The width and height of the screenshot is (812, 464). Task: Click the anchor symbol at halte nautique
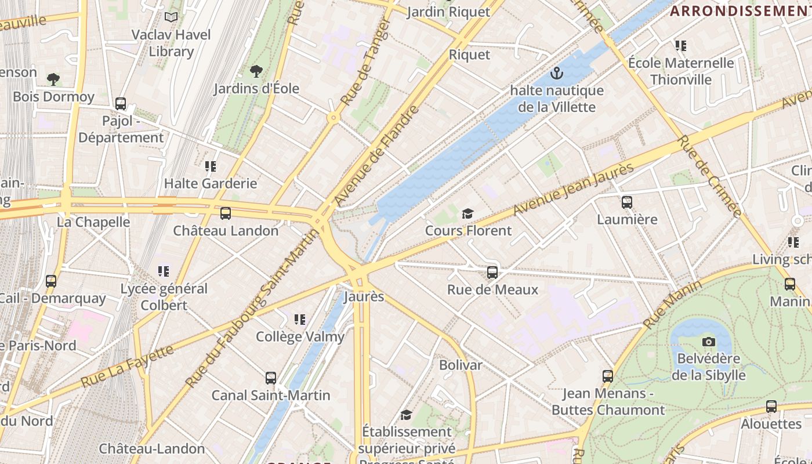[x=557, y=74]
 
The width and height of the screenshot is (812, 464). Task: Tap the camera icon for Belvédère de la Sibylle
[x=708, y=342]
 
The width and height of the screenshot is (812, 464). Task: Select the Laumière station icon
[x=626, y=202]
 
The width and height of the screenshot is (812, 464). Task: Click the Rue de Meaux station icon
[x=492, y=272]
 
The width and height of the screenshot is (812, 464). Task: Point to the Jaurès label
[x=364, y=296]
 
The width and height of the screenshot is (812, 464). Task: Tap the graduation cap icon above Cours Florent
[x=467, y=213]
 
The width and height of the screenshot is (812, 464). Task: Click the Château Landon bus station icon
[x=226, y=213]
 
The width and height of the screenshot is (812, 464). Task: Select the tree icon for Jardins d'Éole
[x=256, y=71]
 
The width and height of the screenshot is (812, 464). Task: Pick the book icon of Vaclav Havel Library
[x=171, y=17]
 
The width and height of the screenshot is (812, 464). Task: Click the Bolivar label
[x=461, y=365]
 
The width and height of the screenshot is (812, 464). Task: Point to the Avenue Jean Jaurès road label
[x=574, y=190]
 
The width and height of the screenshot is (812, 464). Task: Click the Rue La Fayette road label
[x=127, y=367]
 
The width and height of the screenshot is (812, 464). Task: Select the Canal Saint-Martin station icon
[x=271, y=378]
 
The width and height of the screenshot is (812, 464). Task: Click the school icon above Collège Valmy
[x=300, y=319]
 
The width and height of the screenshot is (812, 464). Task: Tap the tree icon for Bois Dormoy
[x=53, y=79]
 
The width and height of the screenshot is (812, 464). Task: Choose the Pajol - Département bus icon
[x=121, y=104]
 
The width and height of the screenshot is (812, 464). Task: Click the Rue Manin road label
[x=672, y=304]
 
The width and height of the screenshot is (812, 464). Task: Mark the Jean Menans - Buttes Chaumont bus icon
[x=608, y=376]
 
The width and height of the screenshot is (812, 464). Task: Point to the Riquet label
[x=469, y=55]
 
